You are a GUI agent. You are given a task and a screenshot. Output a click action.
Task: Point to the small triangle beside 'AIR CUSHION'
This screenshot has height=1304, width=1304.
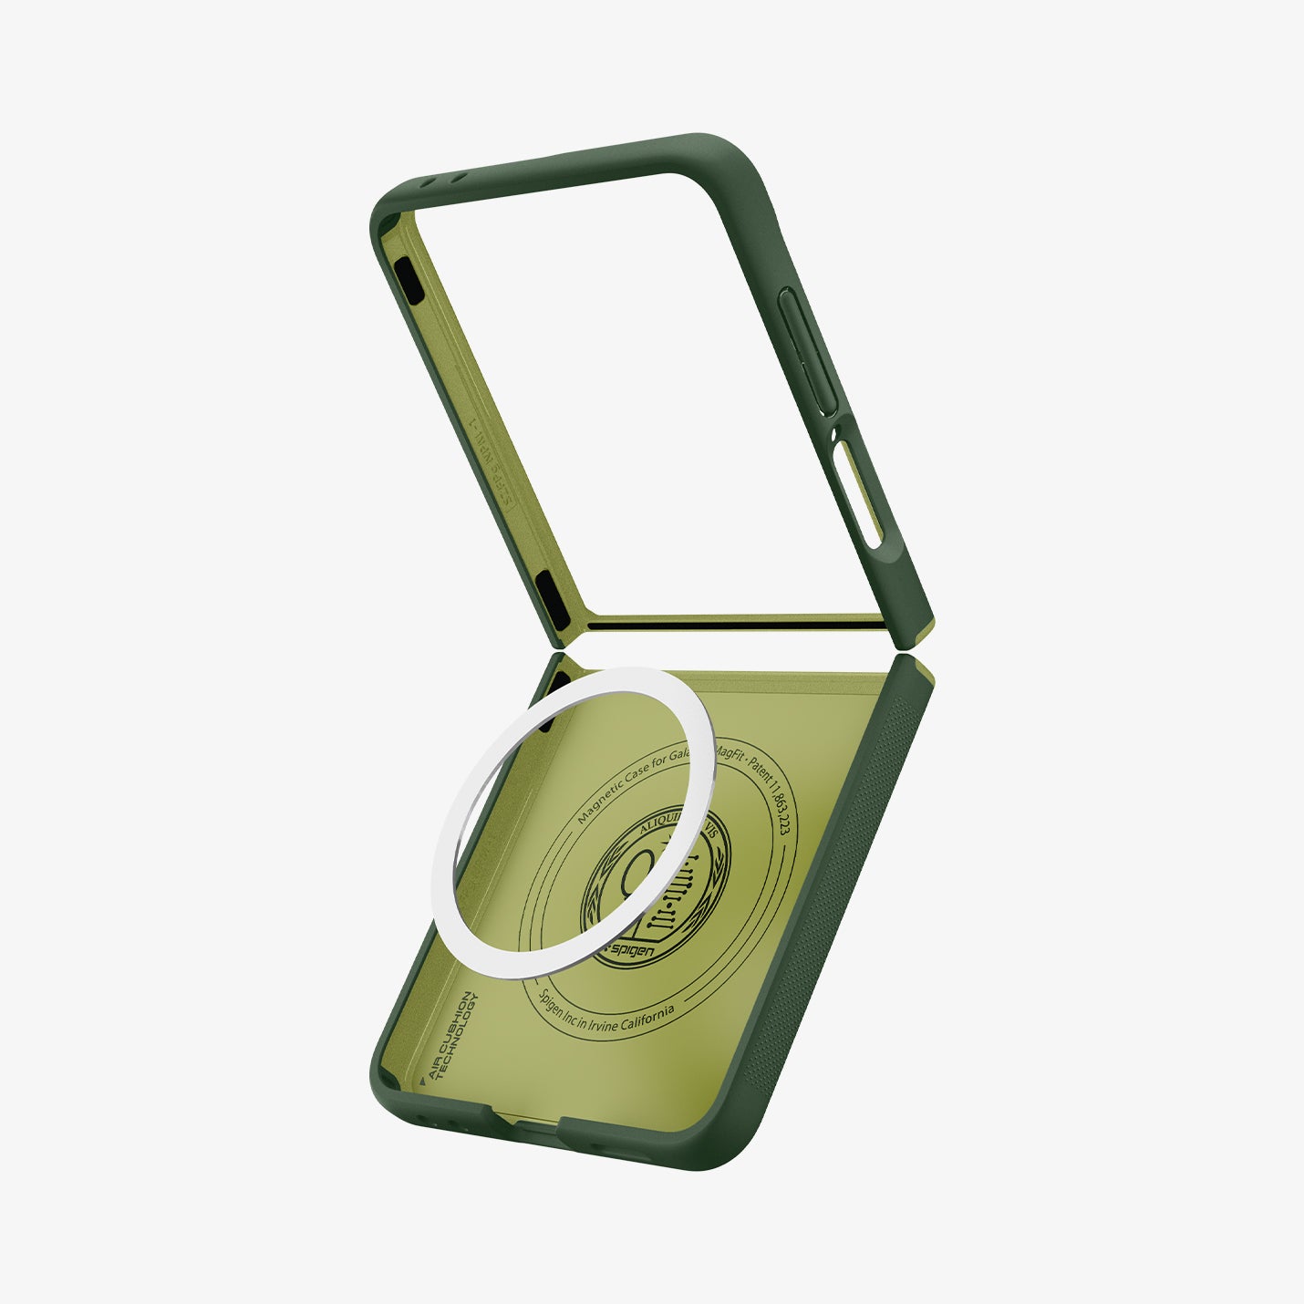coord(422,1081)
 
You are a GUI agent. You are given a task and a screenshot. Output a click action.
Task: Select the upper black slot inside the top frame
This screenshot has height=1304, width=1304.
coord(409,280)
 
